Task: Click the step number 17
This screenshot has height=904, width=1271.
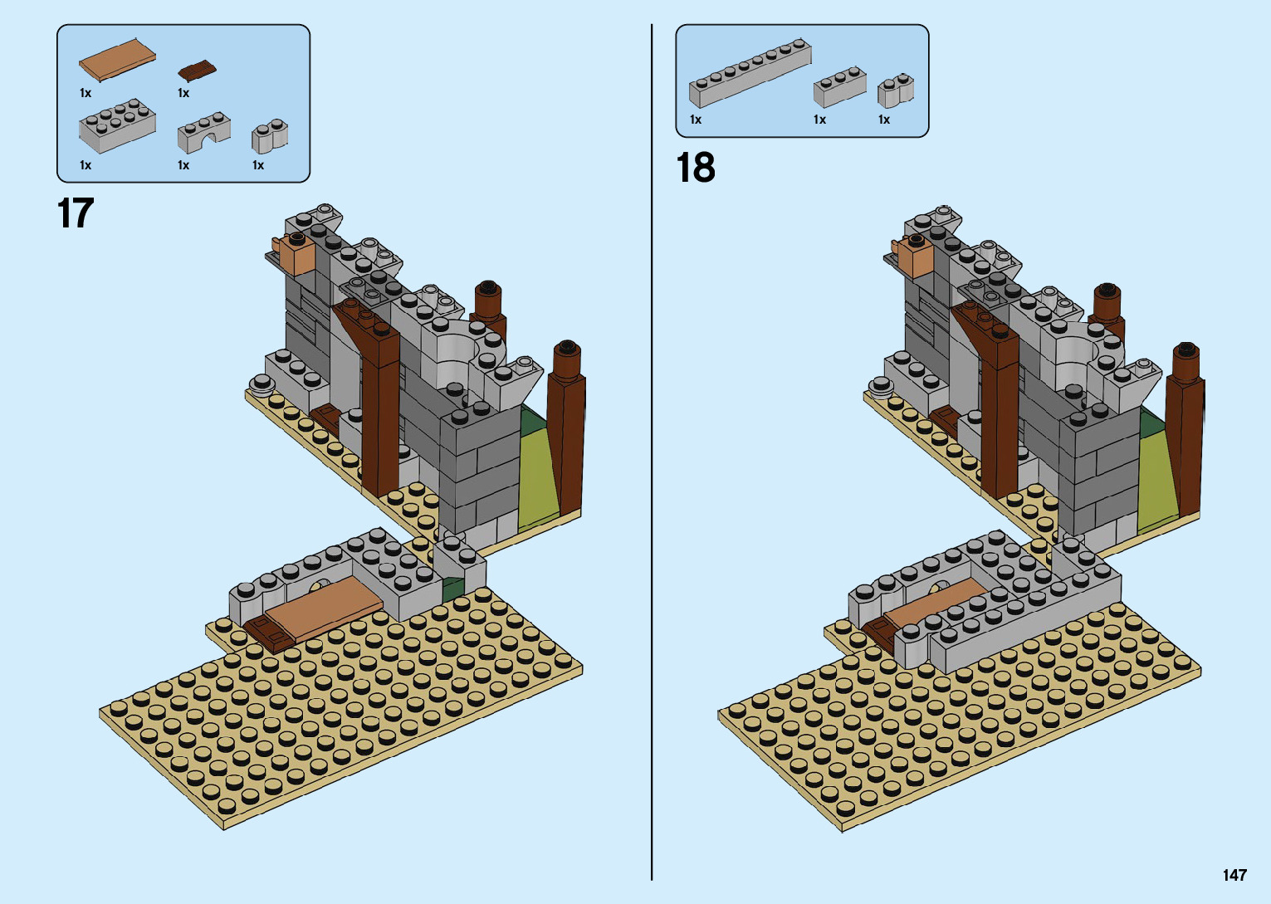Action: [x=76, y=213]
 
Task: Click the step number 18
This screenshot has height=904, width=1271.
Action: [x=696, y=168]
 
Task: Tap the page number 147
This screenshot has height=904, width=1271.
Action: [x=1234, y=875]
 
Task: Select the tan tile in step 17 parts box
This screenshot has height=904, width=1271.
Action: [x=117, y=59]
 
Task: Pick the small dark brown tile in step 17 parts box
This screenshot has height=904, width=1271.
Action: [x=197, y=71]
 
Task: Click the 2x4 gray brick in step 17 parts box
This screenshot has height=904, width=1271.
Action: [x=117, y=126]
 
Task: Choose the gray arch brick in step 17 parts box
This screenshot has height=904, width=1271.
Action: [x=203, y=133]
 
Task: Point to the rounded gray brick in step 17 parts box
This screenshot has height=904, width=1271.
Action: [x=270, y=137]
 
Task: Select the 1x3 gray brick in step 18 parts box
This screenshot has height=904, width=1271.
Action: [x=839, y=87]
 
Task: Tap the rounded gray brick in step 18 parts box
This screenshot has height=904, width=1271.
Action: [x=896, y=91]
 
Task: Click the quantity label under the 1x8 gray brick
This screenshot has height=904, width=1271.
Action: [x=696, y=120]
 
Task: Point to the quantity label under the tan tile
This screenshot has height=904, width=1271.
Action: [x=86, y=94]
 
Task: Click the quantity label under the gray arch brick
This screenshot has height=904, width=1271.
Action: [x=183, y=166]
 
